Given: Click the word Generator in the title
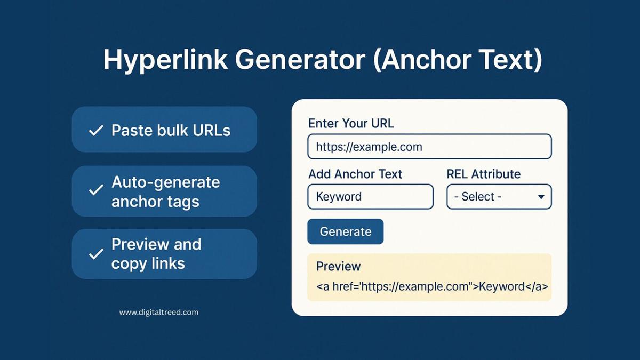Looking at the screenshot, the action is [300, 59].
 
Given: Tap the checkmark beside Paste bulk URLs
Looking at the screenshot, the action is [96, 130].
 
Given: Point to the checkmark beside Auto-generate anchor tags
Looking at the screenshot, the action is [96, 190].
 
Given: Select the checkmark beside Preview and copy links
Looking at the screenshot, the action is [96, 254].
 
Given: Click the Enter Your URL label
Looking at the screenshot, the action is [351, 123].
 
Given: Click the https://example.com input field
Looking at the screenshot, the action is [429, 147].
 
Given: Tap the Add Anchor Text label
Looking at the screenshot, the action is [355, 174].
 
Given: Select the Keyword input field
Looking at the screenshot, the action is [370, 197].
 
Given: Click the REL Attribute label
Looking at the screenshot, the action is [483, 174].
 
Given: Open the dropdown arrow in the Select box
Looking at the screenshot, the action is [541, 197].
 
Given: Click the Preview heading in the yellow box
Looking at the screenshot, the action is [338, 266].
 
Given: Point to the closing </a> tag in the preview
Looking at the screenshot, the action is [537, 286].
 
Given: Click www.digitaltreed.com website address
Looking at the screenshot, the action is [158, 313].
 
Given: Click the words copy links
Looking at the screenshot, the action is [148, 263].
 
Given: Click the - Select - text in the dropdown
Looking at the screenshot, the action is [478, 197].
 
